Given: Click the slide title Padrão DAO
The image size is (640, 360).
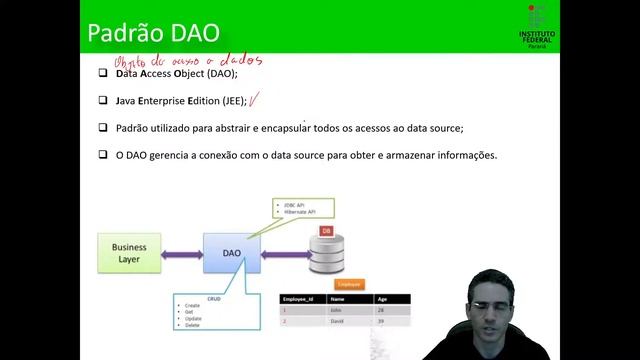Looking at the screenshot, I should click(x=153, y=31).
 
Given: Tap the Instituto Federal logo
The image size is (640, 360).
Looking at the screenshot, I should click(x=538, y=25).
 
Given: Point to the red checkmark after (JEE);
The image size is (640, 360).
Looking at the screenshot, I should click(x=256, y=99).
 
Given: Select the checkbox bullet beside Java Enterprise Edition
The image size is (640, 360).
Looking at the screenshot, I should click(x=104, y=101).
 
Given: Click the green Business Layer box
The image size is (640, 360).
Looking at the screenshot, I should click(x=128, y=254).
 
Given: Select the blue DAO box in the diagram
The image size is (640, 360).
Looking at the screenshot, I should click(x=231, y=254).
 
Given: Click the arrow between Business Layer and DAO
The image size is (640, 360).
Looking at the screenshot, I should click(x=182, y=255).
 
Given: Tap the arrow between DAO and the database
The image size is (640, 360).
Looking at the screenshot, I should click(x=285, y=255).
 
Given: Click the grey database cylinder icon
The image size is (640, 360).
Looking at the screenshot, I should click(x=327, y=256).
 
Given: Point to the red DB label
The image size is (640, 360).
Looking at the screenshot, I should click(x=326, y=231).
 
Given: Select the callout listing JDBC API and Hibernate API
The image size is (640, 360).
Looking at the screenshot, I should click(x=302, y=209).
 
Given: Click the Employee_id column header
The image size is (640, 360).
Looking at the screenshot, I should click(x=302, y=299).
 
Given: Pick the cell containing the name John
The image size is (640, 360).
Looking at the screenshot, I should click(x=337, y=310).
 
